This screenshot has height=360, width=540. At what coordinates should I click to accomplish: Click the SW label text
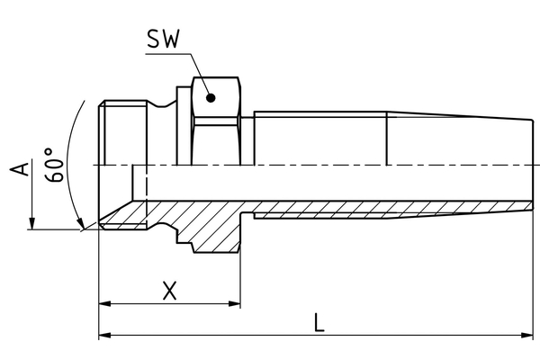pyautogui.click(x=162, y=40)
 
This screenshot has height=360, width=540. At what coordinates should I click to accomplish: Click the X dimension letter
pyautogui.click(x=168, y=290)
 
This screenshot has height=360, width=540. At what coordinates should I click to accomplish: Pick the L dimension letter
pyautogui.click(x=319, y=321)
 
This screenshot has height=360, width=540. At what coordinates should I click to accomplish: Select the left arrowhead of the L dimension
pyautogui.click(x=104, y=336)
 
